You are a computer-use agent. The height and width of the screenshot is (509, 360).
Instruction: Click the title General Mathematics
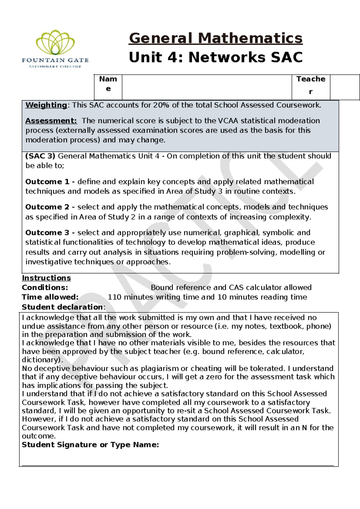pos(215,38)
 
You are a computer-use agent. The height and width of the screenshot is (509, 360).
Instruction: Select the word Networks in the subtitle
pos(227,57)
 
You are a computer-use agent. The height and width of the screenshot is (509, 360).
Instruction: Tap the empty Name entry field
pos(206,87)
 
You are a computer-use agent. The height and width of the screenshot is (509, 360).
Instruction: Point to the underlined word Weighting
pos(46,105)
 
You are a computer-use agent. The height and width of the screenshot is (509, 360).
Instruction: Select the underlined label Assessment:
pos(51,121)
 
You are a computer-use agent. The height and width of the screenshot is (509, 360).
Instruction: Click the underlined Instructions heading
pos(46,278)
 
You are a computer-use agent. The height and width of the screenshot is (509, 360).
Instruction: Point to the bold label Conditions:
pos(45,288)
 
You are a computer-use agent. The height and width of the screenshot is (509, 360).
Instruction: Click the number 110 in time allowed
pos(114,297)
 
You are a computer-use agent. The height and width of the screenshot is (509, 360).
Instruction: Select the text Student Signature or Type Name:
pos(90,445)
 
